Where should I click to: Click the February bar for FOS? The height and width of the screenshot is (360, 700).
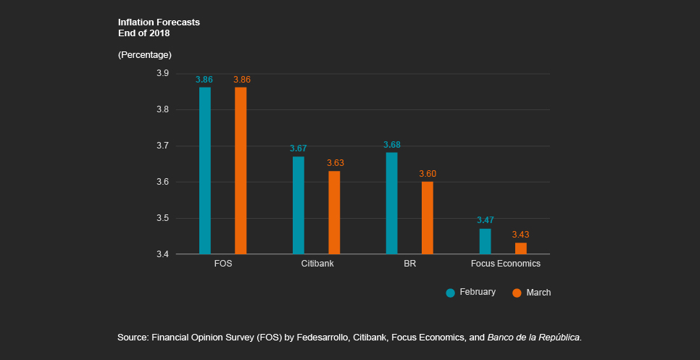(x=205, y=170)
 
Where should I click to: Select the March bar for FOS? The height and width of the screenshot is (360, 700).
(x=241, y=170)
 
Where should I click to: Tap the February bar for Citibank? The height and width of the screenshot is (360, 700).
(x=299, y=205)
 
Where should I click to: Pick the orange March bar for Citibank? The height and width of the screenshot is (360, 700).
(x=334, y=212)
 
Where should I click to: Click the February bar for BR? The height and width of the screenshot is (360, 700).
(x=391, y=203)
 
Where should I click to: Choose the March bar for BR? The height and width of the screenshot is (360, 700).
(x=428, y=217)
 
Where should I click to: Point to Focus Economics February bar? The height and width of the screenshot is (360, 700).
(x=485, y=241)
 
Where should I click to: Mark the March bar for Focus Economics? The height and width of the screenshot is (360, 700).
(x=520, y=248)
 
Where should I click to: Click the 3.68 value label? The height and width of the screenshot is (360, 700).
(x=391, y=145)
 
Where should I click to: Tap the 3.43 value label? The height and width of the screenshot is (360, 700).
(x=520, y=235)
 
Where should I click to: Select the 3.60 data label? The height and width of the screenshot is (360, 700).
(x=428, y=174)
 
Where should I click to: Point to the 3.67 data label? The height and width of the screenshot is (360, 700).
(x=299, y=148)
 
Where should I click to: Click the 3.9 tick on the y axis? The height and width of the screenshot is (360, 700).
(x=163, y=73)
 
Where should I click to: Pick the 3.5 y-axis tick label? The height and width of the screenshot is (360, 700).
(x=163, y=218)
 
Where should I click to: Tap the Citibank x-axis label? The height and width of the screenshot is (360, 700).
(x=317, y=264)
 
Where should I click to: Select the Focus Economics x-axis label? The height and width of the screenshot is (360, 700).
(x=503, y=264)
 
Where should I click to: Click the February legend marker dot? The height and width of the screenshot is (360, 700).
(x=451, y=293)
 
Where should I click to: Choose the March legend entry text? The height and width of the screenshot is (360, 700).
(x=538, y=293)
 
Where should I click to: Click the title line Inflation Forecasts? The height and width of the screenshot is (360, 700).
(x=159, y=22)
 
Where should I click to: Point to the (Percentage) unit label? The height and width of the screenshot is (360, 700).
(x=144, y=55)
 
